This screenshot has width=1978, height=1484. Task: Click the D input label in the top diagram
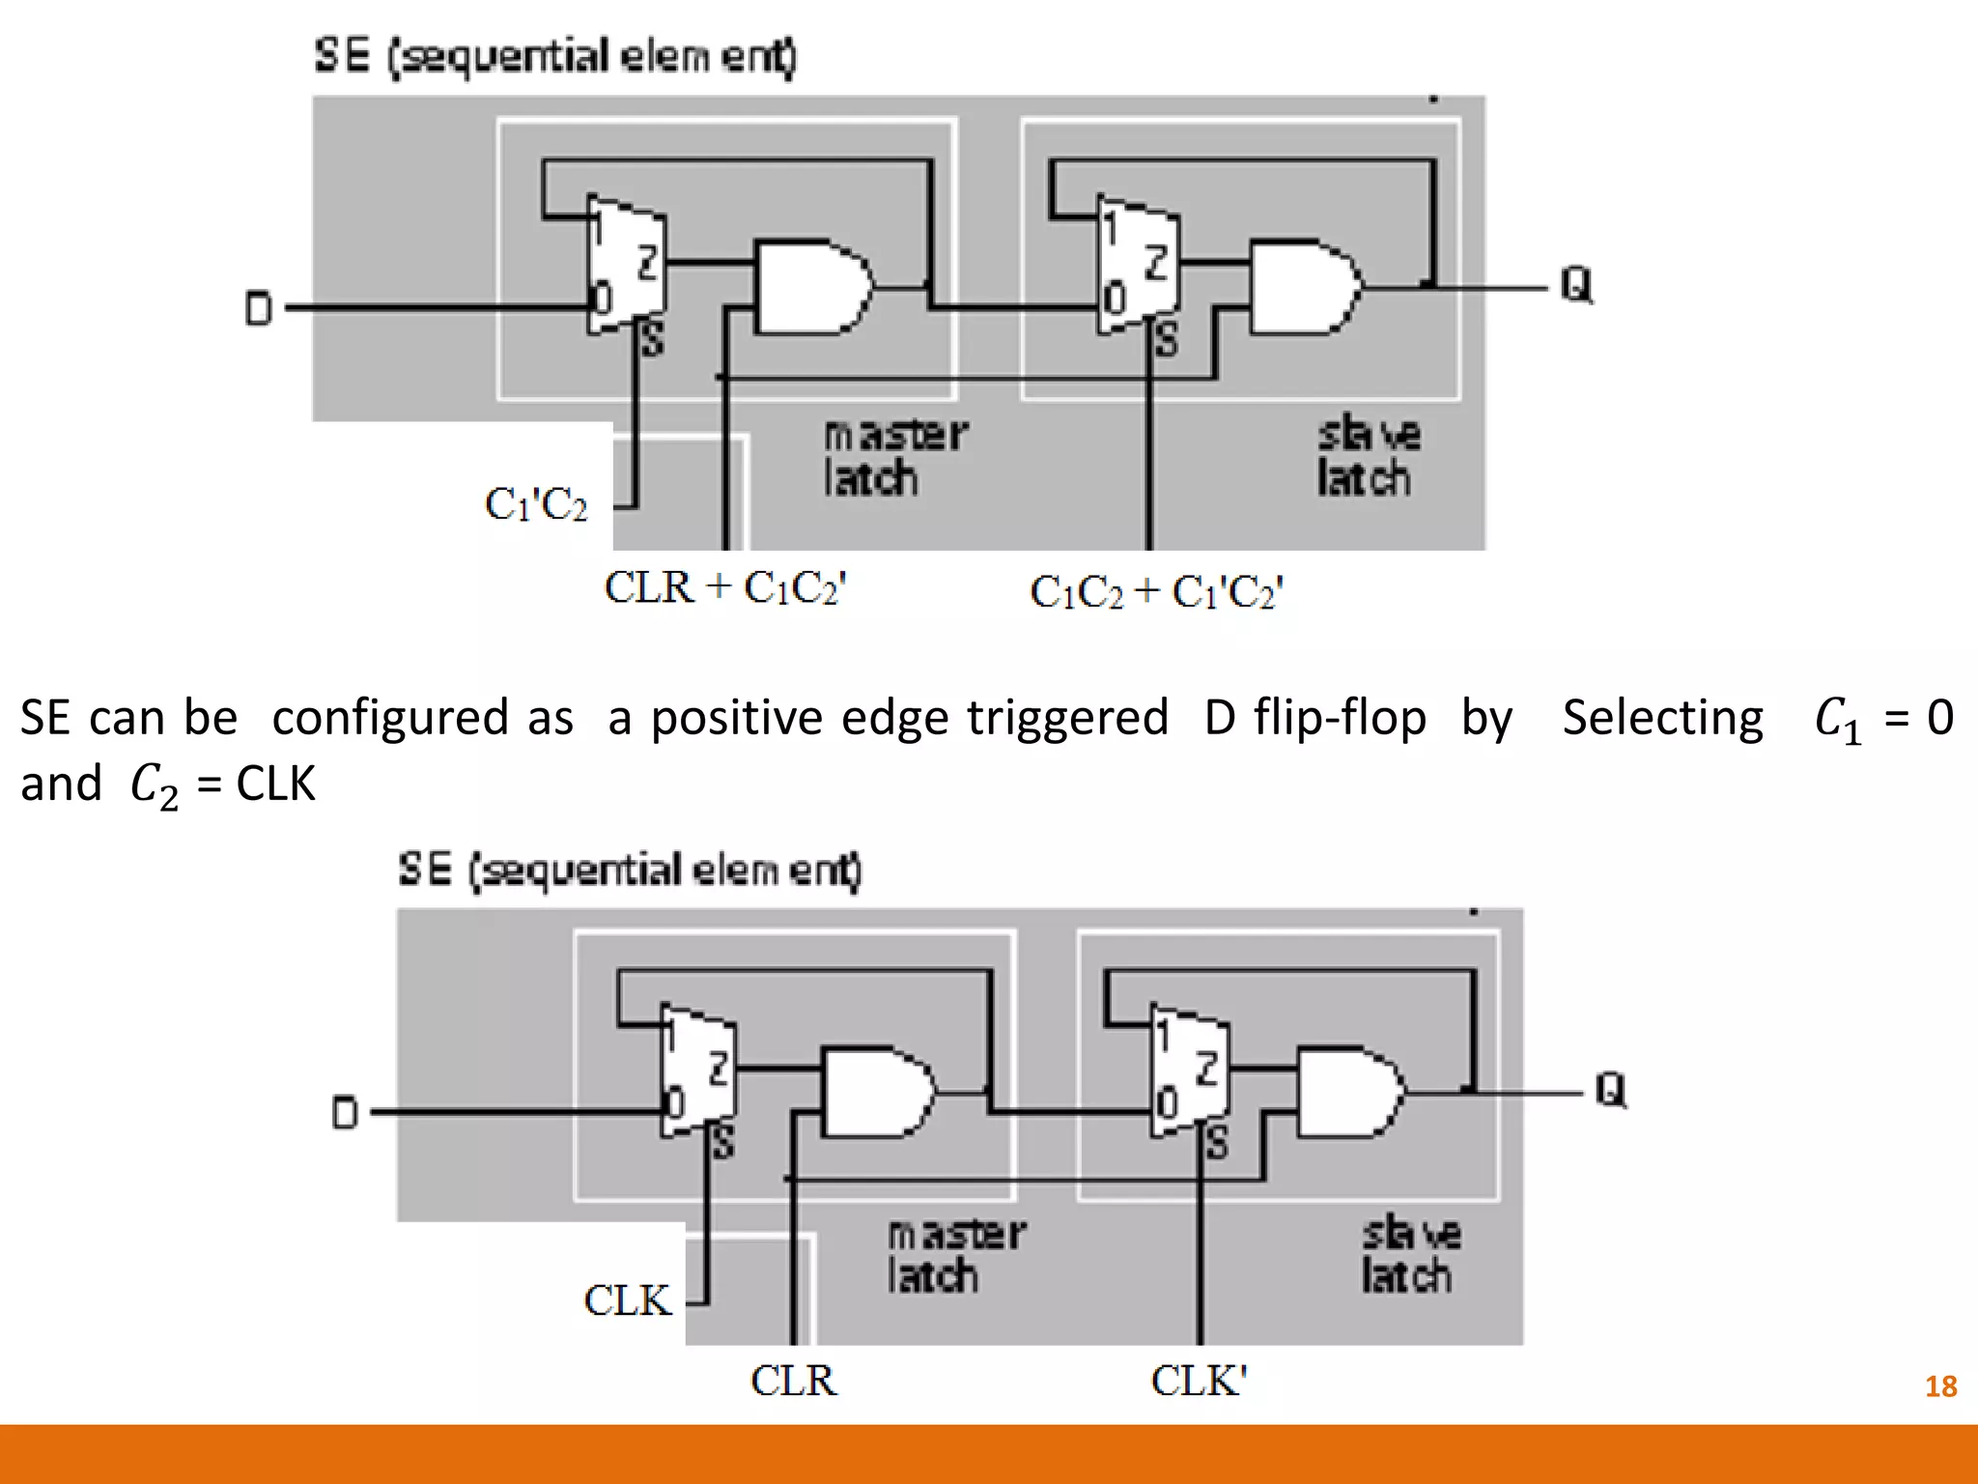coord(258,309)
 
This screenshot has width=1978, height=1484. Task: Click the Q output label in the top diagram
coord(1576,285)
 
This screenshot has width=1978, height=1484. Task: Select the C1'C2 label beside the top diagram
coord(536,504)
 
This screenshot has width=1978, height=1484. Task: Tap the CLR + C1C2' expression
coord(725,587)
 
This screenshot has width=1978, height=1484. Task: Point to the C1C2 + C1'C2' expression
coord(1156,592)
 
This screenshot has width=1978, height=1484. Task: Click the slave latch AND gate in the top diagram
coord(1304,286)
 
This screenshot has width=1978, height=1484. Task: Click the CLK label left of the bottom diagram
coord(627,1300)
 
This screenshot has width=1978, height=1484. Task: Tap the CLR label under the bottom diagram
coord(794,1381)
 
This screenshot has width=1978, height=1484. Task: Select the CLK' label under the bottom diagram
coord(1199,1381)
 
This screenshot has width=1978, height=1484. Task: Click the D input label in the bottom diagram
coord(345,1113)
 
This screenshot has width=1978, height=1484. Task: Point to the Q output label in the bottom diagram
coord(1610,1090)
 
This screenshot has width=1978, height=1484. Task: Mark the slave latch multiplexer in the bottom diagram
coord(1189,1070)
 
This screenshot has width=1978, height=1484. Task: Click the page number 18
coord(1940,1386)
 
